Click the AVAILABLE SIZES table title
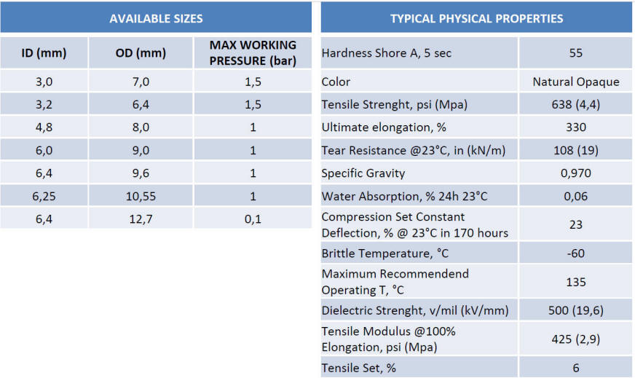156,18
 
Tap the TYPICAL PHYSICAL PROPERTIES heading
476,18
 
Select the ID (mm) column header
44,53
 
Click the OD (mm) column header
141,53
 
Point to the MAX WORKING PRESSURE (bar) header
253,53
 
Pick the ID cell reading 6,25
44,196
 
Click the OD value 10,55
141,196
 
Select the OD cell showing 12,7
141,218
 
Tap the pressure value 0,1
253,218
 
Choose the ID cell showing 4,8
44,127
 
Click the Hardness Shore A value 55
575,53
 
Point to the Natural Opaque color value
575,82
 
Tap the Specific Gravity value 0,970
575,173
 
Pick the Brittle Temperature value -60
575,253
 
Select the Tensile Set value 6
575,368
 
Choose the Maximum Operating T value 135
575,282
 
